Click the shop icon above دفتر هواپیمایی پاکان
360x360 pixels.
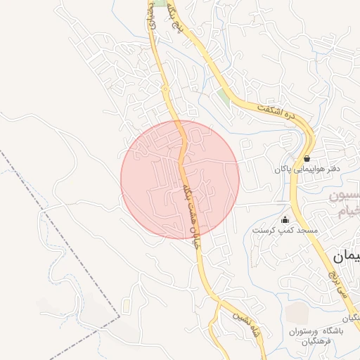click(x=307, y=158)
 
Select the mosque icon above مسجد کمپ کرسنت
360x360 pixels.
click(x=285, y=219)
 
